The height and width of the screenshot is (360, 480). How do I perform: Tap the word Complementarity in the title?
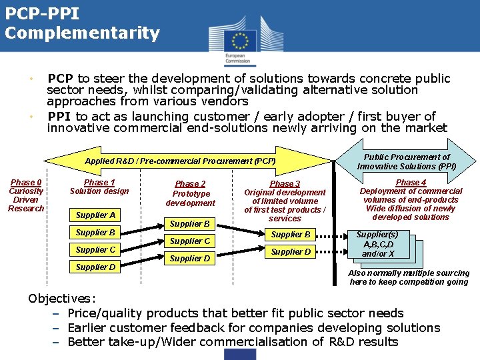(82, 33)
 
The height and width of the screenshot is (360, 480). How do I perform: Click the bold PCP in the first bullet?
(61, 79)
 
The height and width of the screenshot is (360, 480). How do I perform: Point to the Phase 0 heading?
(26, 183)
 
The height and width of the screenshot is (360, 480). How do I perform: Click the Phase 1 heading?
(99, 183)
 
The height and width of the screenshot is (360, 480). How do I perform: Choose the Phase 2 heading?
(190, 184)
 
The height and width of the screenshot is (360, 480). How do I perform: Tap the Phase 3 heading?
(285, 184)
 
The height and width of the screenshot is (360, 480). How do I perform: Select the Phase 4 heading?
(411, 183)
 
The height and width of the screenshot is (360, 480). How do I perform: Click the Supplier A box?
(95, 215)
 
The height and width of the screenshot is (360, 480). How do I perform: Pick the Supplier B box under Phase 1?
(95, 233)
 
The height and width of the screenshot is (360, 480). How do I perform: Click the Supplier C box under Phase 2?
(190, 241)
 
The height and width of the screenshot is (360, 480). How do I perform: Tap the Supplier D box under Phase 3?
(291, 252)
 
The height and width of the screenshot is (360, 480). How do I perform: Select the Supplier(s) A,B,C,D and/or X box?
(377, 245)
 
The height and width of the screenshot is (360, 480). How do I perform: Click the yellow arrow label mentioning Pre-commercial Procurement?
(180, 161)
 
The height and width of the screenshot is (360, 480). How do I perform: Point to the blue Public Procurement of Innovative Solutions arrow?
(407, 161)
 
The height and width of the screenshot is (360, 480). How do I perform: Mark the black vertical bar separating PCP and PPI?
(335, 220)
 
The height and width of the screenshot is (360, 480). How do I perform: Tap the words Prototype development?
(190, 199)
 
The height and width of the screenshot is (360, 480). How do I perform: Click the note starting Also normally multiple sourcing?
(409, 277)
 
